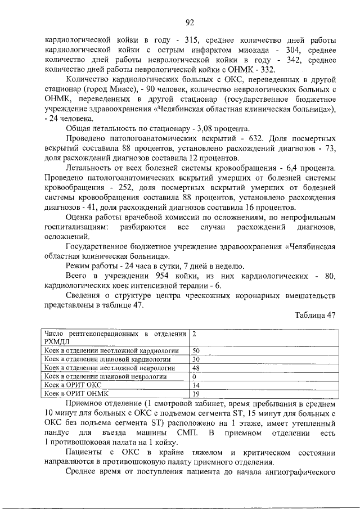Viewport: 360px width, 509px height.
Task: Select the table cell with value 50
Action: coord(196,350)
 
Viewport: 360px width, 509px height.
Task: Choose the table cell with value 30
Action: coord(196,359)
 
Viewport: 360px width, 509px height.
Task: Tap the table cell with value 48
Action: coord(196,368)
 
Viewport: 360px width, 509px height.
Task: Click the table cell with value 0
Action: coord(194,376)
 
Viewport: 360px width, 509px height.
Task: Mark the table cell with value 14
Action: coord(196,385)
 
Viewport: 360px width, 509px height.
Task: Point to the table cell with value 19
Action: coord(196,394)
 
